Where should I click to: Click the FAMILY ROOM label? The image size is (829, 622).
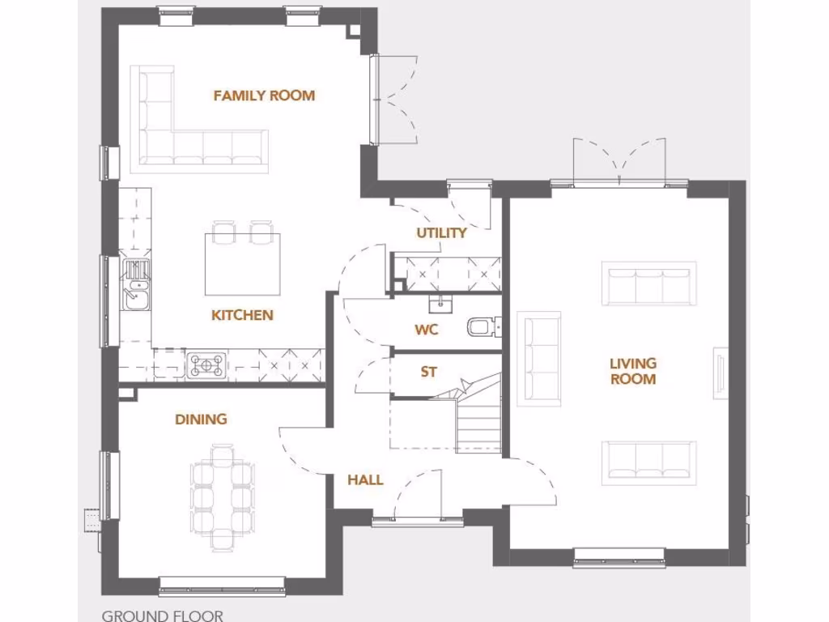point(264,96)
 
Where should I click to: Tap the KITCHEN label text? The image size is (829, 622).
point(242,315)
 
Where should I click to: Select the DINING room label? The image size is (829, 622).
point(201,419)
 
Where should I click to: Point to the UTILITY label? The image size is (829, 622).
point(441,233)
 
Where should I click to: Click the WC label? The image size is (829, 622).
point(426,330)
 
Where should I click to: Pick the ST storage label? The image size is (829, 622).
point(428,373)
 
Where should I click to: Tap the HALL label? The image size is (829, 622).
point(365,480)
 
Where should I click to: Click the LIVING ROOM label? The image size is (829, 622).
point(632,371)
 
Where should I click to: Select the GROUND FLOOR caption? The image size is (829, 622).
point(162,616)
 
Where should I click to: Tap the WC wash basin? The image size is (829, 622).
point(442,304)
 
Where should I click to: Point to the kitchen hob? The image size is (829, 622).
point(206,365)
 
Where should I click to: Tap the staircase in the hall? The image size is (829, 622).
point(478,421)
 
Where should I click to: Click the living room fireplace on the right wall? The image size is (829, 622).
point(719,374)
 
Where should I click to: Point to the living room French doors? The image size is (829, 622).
point(619,162)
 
